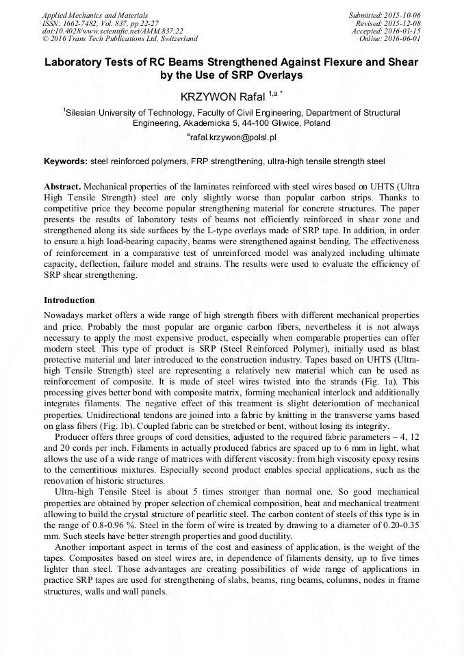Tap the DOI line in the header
point(112,31)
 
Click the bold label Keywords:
point(66,161)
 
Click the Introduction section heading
point(69,300)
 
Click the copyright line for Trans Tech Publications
point(120,39)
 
